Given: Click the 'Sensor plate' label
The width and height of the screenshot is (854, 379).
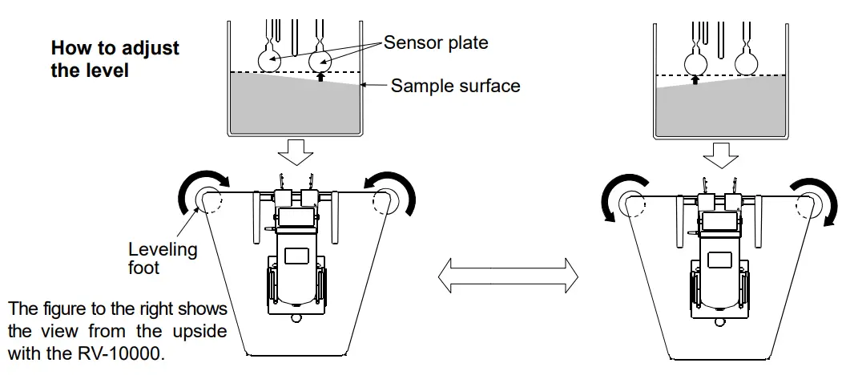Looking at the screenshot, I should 436,42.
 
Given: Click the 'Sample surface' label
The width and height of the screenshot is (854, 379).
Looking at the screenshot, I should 455,85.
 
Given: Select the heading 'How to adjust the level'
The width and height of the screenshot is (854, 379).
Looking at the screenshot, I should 115,58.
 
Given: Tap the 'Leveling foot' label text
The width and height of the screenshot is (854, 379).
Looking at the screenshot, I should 163,258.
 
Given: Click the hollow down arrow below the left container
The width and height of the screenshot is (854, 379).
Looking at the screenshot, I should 297,151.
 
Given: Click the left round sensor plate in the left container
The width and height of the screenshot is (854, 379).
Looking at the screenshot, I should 269,60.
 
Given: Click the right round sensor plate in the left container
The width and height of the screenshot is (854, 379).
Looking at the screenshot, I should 323,60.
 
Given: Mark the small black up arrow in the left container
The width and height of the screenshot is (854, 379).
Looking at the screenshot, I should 320,78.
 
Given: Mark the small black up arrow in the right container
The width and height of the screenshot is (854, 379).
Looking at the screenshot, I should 695,79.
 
